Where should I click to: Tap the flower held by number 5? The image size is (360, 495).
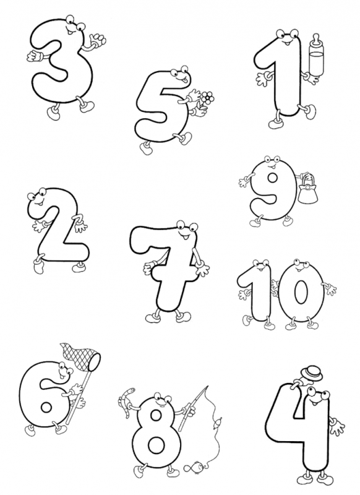point(207,97)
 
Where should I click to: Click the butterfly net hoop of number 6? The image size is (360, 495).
point(95,362)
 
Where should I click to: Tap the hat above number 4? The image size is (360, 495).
point(312,373)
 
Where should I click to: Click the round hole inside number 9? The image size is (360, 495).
point(272,179)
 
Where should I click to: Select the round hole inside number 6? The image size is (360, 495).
point(46,407)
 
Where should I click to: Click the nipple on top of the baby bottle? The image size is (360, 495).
point(315,39)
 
